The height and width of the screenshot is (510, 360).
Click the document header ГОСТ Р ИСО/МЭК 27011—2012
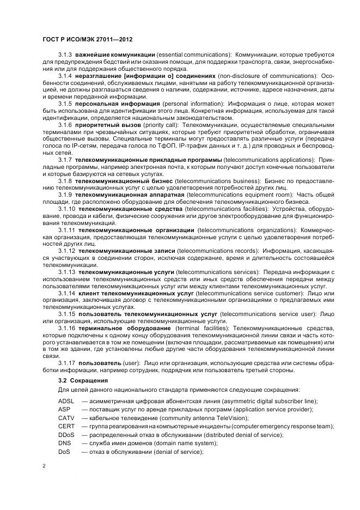point(87,40)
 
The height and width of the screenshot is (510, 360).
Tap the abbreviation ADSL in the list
point(66,401)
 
